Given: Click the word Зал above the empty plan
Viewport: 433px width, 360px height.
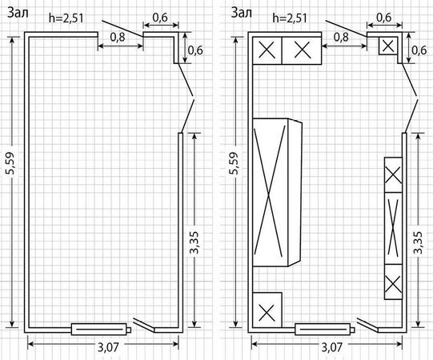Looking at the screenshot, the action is pyautogui.click(x=18, y=13).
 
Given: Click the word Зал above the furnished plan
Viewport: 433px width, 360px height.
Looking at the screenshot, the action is pyautogui.click(x=242, y=13).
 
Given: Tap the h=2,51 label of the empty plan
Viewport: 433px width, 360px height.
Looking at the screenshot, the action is pyautogui.click(x=66, y=18).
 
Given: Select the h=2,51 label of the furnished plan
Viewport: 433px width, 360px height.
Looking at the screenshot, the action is pyautogui.click(x=290, y=18).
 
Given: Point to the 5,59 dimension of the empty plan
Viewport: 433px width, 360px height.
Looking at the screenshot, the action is pyautogui.click(x=12, y=163).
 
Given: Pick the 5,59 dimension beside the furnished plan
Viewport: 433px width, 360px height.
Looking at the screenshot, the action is pyautogui.click(x=235, y=163).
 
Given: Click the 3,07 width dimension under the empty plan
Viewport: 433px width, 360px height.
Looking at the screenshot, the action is pyautogui.click(x=108, y=347).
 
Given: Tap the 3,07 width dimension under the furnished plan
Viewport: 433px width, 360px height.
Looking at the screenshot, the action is pyautogui.click(x=331, y=347).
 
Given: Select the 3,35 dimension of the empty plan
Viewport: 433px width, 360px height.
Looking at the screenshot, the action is pyautogui.click(x=195, y=242).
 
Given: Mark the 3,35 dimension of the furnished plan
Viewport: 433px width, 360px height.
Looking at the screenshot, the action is pyautogui.click(x=419, y=242).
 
